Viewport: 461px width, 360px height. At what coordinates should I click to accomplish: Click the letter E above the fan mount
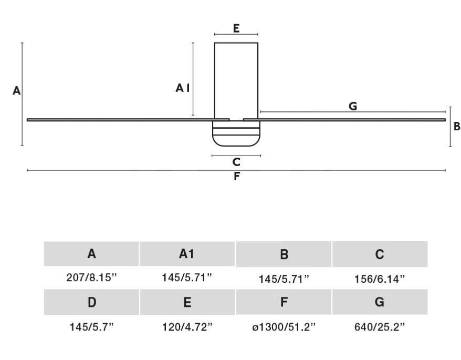point(236,28)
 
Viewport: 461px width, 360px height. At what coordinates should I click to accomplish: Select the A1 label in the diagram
point(183,88)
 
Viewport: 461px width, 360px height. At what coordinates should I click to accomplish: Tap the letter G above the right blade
point(353,106)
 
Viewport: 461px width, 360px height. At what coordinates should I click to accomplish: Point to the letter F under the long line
point(237,176)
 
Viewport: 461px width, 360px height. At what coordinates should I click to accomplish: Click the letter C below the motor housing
point(236,162)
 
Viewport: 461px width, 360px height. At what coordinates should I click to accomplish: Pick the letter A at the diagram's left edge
point(16,91)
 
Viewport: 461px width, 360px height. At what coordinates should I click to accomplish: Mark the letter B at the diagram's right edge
point(457,126)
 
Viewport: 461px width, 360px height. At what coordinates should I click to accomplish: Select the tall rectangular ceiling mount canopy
point(236,81)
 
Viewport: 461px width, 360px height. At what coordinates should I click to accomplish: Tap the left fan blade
point(128,120)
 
